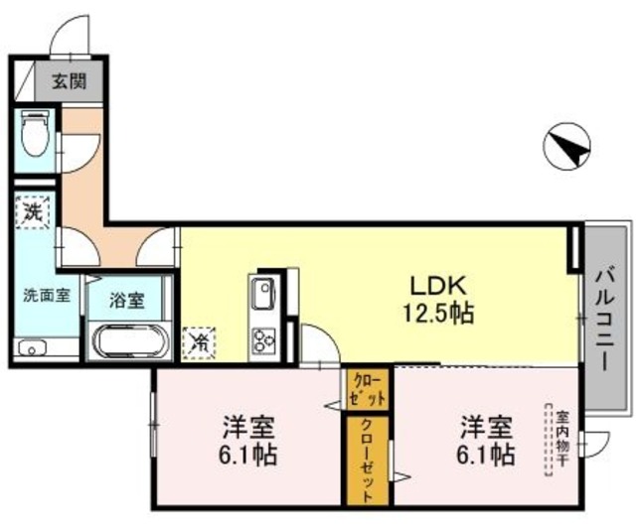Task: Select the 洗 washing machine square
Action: pos(32,212)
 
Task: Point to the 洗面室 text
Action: pos(47,295)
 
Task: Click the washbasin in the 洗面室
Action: pos(33,348)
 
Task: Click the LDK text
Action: pos(434,285)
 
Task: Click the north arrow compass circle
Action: pos(567,148)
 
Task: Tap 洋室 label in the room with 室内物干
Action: pos(486,429)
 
